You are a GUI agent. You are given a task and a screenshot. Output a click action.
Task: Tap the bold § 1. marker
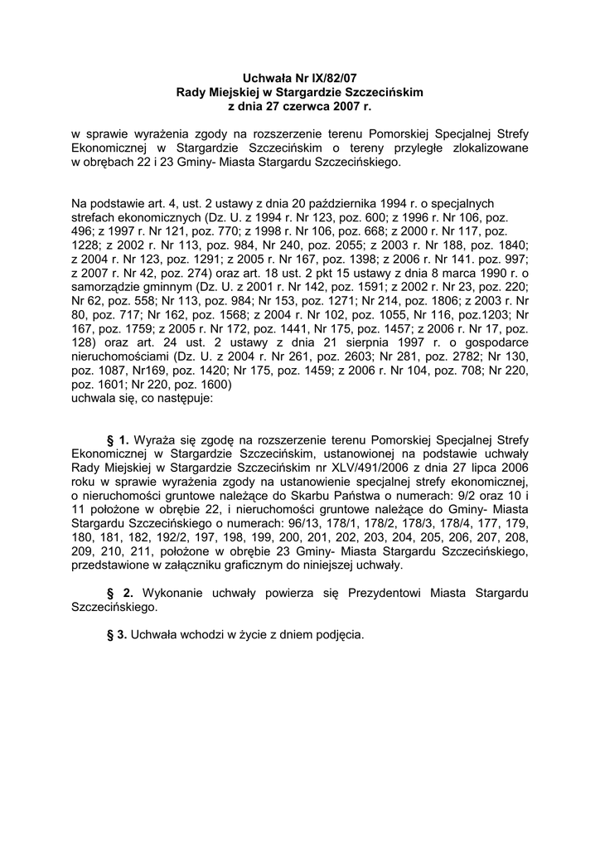click(x=119, y=439)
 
